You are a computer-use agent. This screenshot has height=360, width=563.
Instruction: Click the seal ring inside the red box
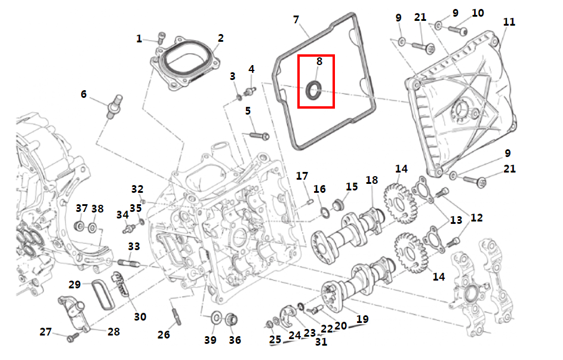coord(314,90)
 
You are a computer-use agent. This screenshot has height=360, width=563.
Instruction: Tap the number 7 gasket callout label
coord(296,19)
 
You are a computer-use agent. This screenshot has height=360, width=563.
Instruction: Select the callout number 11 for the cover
coord(509,22)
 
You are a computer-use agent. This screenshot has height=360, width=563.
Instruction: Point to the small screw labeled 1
coord(162,38)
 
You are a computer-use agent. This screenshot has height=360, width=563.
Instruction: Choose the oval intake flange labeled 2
coord(185,63)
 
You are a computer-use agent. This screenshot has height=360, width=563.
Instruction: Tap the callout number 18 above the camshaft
coord(371,180)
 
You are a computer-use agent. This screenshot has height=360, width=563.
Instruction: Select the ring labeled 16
coord(325,213)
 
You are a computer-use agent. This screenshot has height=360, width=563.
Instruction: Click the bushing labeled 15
coord(339,205)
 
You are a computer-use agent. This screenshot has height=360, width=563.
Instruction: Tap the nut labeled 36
coord(232,319)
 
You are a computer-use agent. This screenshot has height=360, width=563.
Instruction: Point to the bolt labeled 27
coord(73,337)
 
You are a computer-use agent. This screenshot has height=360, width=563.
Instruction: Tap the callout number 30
coord(140,316)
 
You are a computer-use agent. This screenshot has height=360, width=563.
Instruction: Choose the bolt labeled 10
coord(457,30)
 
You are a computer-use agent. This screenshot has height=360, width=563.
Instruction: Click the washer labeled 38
coord(93,227)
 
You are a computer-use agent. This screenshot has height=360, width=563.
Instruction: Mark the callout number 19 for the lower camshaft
coord(362,319)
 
